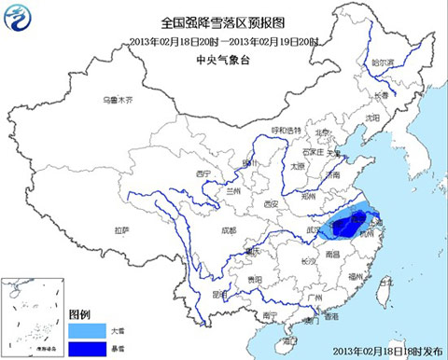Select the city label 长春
[x=380, y=94]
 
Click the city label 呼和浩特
[x=286, y=130]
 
